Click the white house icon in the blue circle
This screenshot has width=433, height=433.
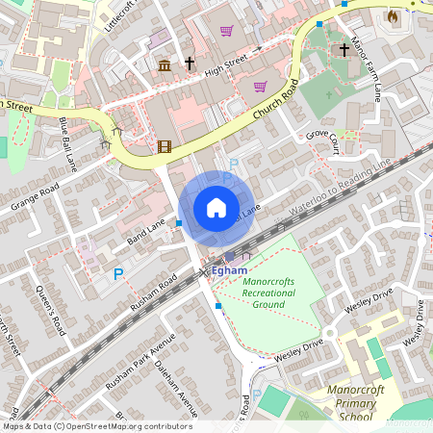pos(216,207)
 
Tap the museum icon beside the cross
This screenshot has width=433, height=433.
pos(165,64)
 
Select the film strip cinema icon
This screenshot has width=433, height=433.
pos(165,147)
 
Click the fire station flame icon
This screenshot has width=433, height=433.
pos(392,16)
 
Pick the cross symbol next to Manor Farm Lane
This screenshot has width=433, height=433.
pos(344,49)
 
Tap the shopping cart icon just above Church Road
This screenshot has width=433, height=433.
pos(260,86)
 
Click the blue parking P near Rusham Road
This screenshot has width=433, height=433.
pos(118,273)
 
